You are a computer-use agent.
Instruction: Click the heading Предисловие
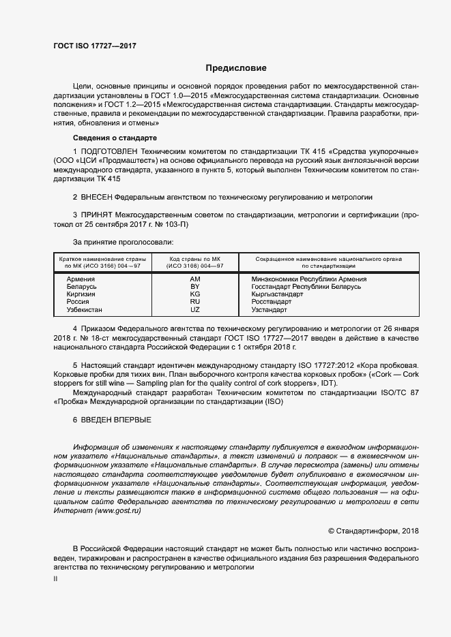point(236,68)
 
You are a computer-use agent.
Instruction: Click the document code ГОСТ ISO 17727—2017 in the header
point(95,46)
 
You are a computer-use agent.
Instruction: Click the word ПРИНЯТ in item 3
point(96,214)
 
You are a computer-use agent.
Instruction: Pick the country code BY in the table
point(195,288)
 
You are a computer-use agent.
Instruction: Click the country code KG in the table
point(195,294)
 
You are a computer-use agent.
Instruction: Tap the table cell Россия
point(72,302)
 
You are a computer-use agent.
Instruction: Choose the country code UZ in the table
point(195,309)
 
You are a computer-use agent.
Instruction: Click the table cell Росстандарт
point(271,302)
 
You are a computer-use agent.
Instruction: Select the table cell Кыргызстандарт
point(277,294)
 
